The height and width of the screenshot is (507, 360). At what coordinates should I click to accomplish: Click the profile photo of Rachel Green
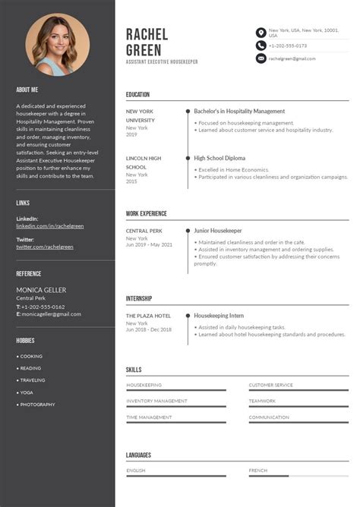point(58,46)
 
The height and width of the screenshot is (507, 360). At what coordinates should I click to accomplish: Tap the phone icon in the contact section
point(261,46)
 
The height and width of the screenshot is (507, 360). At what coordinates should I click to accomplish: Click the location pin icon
point(261,33)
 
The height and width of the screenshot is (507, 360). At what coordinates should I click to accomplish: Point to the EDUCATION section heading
point(138,95)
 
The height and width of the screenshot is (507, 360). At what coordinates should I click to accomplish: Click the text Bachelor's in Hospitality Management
point(239,112)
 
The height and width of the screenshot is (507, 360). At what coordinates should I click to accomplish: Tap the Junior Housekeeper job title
point(218,230)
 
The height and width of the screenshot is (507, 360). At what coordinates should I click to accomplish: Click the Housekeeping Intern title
point(219,315)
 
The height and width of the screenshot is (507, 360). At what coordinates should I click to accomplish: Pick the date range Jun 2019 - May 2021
point(149,244)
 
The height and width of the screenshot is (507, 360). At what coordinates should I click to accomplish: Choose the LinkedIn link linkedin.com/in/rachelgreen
point(50,226)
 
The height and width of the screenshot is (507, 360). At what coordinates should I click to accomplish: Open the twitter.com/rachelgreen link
point(46,247)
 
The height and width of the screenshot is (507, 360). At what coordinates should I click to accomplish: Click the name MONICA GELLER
point(41,290)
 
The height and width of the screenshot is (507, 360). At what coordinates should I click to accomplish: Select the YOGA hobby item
point(27,392)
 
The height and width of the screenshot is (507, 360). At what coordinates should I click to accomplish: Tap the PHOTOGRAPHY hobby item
point(37,405)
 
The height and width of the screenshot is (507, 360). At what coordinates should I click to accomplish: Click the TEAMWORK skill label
point(262,401)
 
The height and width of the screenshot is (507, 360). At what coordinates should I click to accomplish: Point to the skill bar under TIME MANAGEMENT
point(176,423)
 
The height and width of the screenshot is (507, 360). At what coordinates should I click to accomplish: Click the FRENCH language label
point(258,471)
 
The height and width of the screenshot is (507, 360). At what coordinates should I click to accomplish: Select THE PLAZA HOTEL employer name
point(148,316)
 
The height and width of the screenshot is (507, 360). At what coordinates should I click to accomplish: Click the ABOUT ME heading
point(27,89)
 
